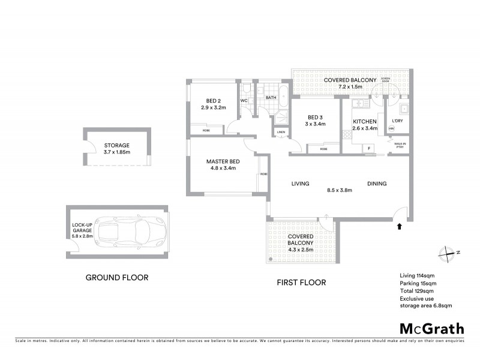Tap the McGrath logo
[x=432, y=328]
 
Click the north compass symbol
[x=447, y=253]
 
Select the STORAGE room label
[x=116, y=145]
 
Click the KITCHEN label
[x=364, y=121]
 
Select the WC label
[x=244, y=100]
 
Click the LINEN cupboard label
[x=281, y=132]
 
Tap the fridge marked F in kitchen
[x=369, y=147]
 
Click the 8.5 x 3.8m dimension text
[x=339, y=190]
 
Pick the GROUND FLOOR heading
[x=116, y=278]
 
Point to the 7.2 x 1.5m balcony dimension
[x=350, y=88]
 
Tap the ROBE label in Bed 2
[x=206, y=130]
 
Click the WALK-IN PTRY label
[x=400, y=145]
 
